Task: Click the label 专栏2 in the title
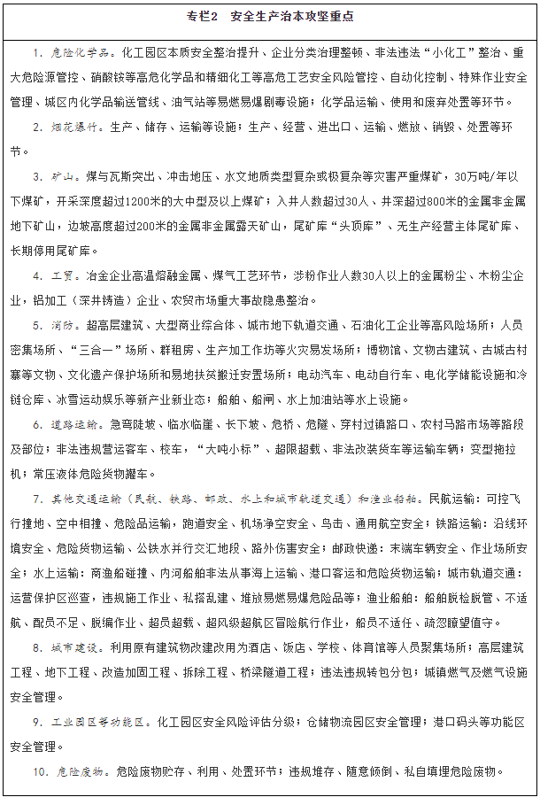[x=202, y=17]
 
